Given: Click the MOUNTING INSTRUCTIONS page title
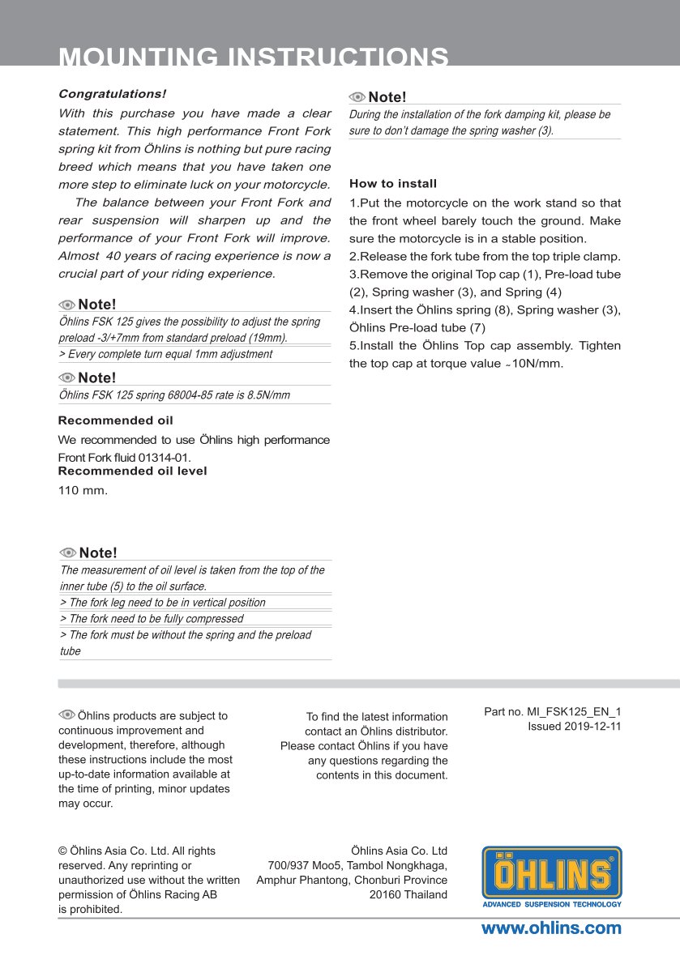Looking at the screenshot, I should [x=254, y=57].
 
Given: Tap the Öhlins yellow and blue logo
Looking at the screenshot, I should [x=552, y=872].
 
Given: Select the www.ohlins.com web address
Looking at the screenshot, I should [x=551, y=928].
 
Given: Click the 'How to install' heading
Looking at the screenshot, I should [x=393, y=184].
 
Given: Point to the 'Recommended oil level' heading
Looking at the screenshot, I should [x=133, y=471].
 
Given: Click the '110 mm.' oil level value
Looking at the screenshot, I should [x=83, y=490].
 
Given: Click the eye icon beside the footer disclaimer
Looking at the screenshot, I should [x=66, y=714].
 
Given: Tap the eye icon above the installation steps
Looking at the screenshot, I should [x=357, y=97].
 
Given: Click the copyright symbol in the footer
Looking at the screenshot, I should [x=62, y=851].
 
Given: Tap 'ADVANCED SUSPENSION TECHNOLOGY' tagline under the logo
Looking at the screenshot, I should [x=552, y=904].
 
